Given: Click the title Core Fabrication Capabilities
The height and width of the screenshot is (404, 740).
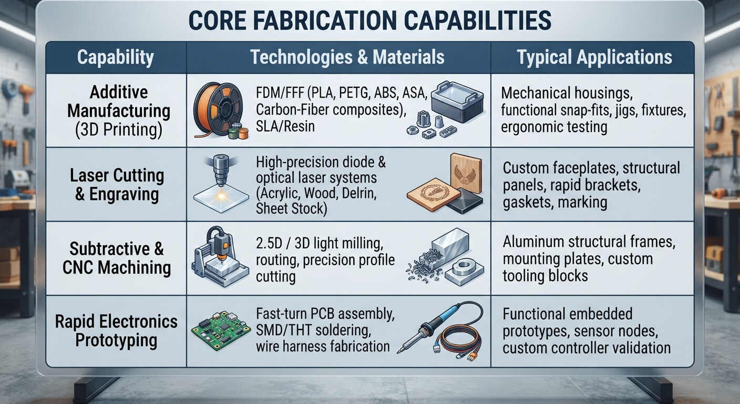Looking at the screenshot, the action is [369, 21].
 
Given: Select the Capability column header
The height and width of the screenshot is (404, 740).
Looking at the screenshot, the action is [116, 57].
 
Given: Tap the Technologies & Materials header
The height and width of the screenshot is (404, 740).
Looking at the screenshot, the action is [347, 57].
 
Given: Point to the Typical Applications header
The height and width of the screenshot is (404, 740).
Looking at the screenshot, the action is [594, 57].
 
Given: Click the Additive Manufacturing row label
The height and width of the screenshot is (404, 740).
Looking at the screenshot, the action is [119, 111].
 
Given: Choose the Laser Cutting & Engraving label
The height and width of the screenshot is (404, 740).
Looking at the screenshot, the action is [117, 185].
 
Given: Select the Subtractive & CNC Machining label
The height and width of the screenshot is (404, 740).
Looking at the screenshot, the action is [117, 258].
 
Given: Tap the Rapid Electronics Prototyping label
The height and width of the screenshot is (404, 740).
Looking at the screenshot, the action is [116, 330].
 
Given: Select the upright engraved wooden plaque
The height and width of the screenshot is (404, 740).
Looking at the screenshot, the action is [466, 173].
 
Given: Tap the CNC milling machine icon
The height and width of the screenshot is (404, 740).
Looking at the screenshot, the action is [220, 256].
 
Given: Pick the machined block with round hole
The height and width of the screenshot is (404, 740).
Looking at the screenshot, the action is [465, 269].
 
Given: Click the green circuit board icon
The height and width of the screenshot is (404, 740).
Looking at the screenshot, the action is [221, 330].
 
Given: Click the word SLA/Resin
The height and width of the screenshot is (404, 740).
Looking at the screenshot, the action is [285, 127].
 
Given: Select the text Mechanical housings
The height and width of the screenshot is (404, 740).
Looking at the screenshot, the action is [567, 93].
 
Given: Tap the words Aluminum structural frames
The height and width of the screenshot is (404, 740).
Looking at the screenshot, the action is [589, 242].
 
